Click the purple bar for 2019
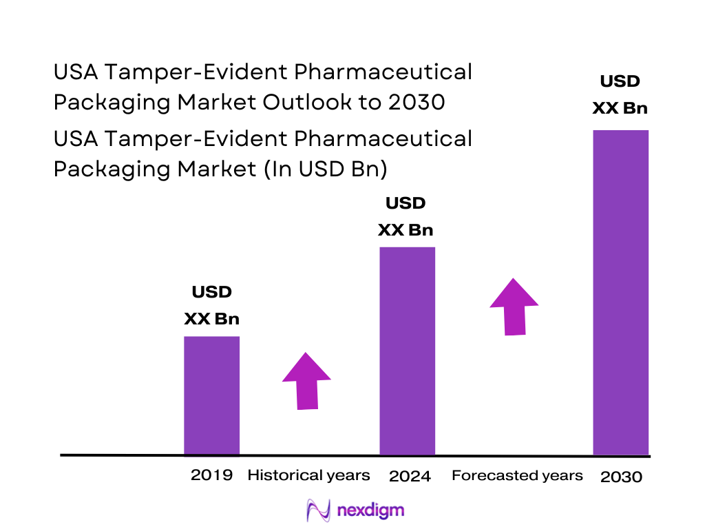point(211,395)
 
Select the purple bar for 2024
point(408,351)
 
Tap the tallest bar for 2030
point(621,292)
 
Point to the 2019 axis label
point(211,475)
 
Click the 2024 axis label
point(410,476)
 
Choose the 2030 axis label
point(621,477)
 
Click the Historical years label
point(308,475)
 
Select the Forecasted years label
point(517,475)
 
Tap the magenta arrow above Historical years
point(306,381)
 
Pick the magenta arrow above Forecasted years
point(514,307)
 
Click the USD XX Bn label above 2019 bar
point(211,305)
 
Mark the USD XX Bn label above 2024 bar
point(406,216)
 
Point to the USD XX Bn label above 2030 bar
point(620,94)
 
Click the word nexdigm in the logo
point(371,510)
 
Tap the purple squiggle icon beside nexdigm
point(319,511)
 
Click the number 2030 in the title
point(415,102)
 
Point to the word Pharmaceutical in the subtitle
point(383,138)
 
